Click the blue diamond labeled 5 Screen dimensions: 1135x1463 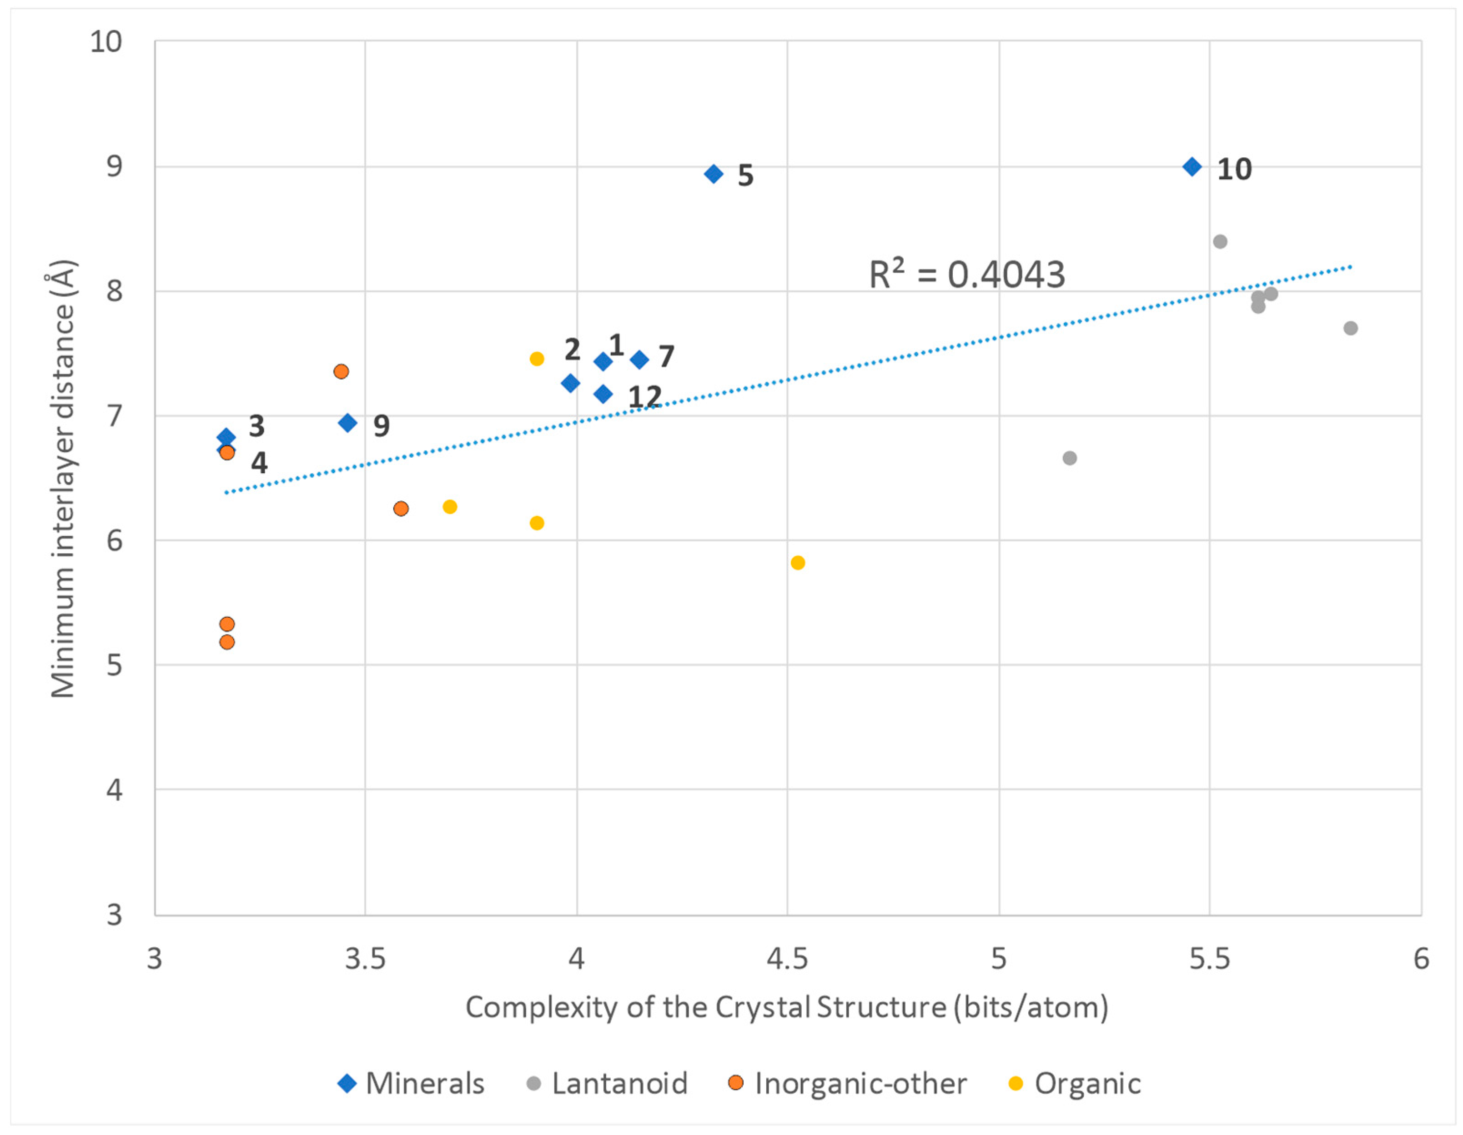coord(714,174)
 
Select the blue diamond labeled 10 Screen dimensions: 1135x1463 coord(1192,167)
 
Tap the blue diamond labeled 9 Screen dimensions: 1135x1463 coord(347,423)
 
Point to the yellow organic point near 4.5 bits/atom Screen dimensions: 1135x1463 coord(797,562)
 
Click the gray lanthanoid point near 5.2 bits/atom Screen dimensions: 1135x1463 coord(1069,458)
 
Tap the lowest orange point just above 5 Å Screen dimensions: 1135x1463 coord(227,642)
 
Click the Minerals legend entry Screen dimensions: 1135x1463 coord(411,1084)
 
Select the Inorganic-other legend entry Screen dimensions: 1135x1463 coord(847,1084)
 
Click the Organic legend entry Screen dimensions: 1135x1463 coord(1075,1084)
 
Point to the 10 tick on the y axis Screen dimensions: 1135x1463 coord(106,41)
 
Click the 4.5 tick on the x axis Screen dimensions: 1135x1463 coord(787,959)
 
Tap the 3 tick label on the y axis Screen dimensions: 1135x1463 coord(114,915)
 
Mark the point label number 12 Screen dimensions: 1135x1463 coord(644,397)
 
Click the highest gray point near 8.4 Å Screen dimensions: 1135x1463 coord(1219,241)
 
